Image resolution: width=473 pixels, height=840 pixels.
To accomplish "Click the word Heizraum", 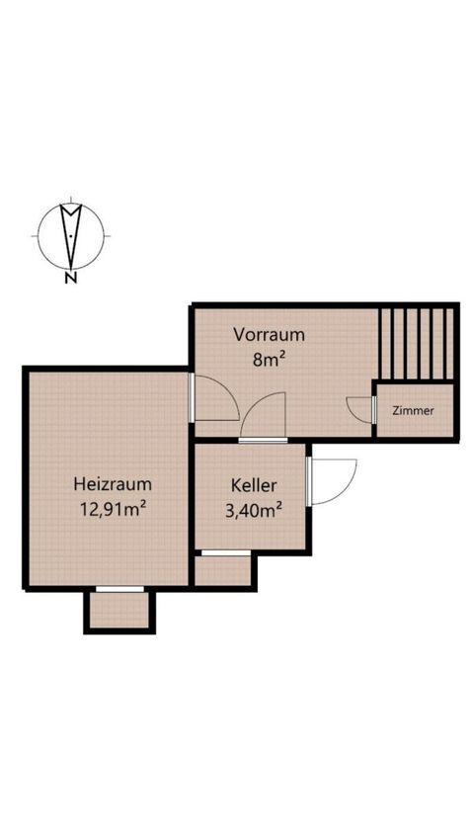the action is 113,484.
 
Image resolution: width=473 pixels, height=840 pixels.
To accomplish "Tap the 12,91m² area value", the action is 114,508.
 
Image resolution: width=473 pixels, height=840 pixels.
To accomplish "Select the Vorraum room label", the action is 270,335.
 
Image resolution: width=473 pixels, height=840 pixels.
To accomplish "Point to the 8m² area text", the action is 268,359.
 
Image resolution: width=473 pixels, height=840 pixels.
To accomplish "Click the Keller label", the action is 254,486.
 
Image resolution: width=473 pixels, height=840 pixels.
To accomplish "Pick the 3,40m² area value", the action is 254,511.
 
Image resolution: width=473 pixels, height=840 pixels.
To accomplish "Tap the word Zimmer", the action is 413,411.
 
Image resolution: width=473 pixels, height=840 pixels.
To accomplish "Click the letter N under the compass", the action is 70,278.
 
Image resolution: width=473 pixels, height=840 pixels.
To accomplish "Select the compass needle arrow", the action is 71,236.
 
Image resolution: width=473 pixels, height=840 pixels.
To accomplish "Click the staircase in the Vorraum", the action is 417,343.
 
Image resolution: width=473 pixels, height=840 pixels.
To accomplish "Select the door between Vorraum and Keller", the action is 263,417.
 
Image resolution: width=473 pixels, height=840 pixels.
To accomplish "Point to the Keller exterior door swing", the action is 332,481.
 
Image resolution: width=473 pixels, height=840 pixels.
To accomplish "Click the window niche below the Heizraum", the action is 119,611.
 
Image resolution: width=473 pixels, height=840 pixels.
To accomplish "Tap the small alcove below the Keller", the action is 222,571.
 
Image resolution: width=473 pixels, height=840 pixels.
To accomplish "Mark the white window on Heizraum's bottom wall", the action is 119,589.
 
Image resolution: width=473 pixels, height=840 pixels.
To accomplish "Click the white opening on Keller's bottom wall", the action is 226,552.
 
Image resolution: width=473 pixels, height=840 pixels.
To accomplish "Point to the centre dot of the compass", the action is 71,236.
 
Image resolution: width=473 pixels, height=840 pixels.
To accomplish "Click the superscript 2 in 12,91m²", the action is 143,503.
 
